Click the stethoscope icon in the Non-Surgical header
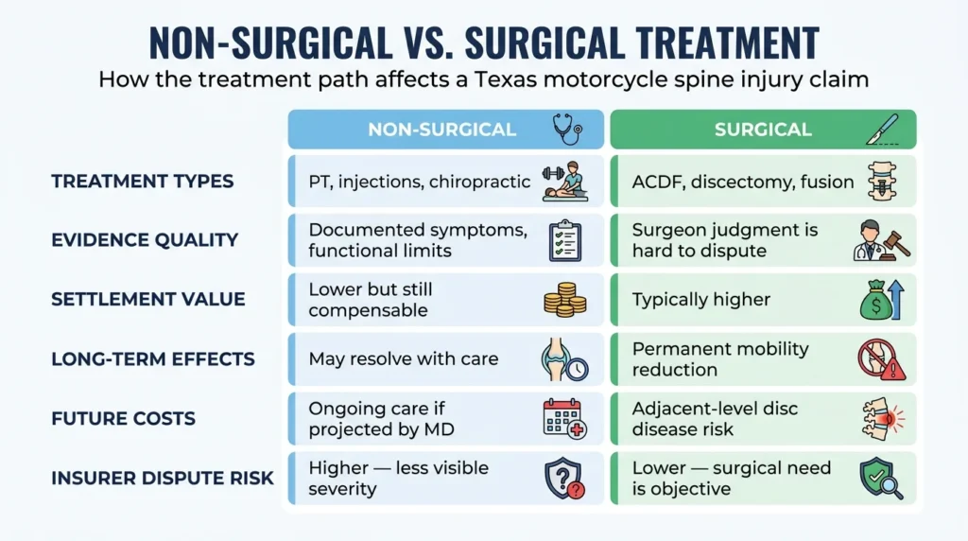[x=567, y=129]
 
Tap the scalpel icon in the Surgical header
[x=883, y=130]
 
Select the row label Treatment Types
[x=143, y=182]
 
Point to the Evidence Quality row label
[x=145, y=240]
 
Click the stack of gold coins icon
[x=565, y=300]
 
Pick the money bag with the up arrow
[x=882, y=300]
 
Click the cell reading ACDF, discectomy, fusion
[x=743, y=183]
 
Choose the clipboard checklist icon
[x=565, y=240]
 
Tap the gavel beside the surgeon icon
[x=896, y=244]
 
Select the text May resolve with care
[x=403, y=358]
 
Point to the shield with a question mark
[x=564, y=478]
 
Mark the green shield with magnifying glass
[x=881, y=478]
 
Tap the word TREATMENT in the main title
[x=728, y=44]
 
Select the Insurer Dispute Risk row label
[x=163, y=478]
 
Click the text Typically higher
[x=701, y=300]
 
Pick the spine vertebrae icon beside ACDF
[x=882, y=182]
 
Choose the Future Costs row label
[x=124, y=419]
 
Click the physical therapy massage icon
[x=565, y=182]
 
